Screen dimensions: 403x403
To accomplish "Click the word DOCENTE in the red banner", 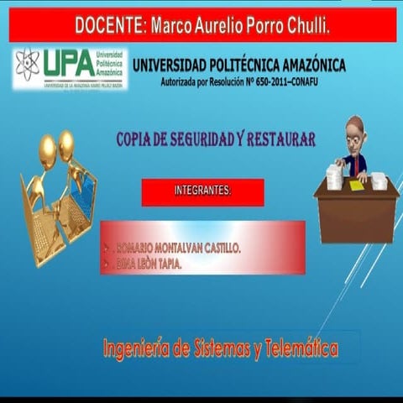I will point(107,24).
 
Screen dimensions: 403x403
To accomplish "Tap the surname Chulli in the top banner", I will point(303,24).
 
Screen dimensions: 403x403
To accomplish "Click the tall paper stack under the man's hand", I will point(333,176).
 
